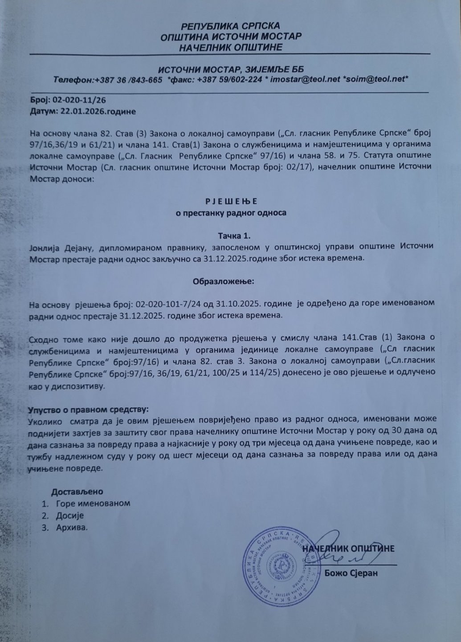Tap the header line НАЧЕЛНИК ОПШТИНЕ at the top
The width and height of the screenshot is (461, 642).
click(x=230, y=47)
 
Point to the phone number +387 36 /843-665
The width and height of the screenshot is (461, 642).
click(x=128, y=79)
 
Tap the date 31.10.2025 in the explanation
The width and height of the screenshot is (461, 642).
click(x=237, y=305)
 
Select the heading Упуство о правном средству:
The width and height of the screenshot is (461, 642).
click(x=88, y=409)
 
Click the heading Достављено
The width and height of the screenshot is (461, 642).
click(x=78, y=492)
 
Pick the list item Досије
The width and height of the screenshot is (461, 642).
click(x=70, y=516)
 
